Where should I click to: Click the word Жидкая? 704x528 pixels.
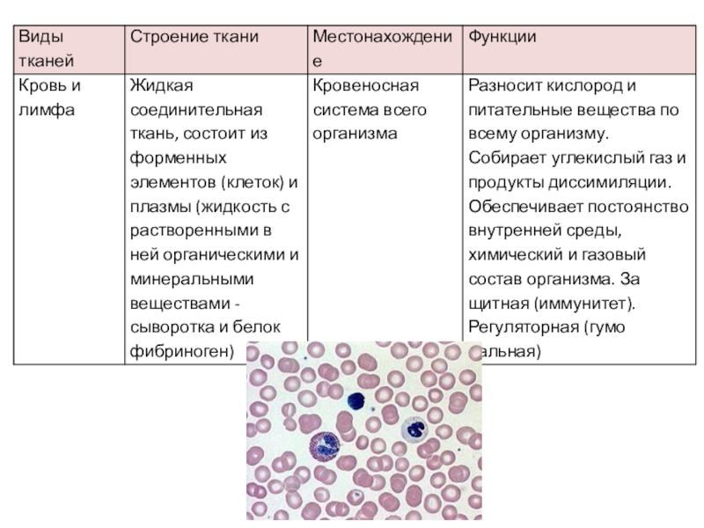coord(160,87)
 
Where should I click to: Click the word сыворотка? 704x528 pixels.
coord(170,327)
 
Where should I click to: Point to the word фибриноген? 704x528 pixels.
coord(178,351)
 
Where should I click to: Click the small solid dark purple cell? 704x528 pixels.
coord(356,401)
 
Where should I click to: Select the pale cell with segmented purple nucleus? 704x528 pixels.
coord(414,431)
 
